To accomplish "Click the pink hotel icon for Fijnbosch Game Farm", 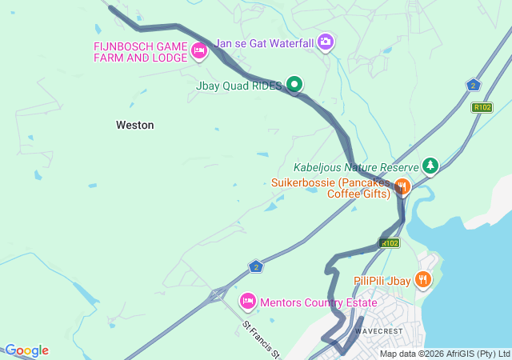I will (199, 52).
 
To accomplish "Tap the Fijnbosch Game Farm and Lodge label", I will (140, 52).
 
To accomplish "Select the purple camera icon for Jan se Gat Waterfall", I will (326, 41).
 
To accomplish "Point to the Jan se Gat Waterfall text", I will (263, 40).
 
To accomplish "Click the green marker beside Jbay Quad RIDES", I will (294, 83).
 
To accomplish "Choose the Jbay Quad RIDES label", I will (239, 85).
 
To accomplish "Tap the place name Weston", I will (135, 125).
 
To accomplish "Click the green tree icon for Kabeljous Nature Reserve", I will (431, 166).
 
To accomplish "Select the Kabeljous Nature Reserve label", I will (355, 167).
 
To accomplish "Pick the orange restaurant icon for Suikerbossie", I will (402, 187).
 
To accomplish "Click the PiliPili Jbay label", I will (382, 281).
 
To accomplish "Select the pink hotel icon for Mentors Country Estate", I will (247, 301).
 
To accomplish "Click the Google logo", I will (26, 350).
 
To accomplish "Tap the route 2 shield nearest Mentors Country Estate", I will (255, 266).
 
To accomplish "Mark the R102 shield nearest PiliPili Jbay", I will (390, 242).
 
